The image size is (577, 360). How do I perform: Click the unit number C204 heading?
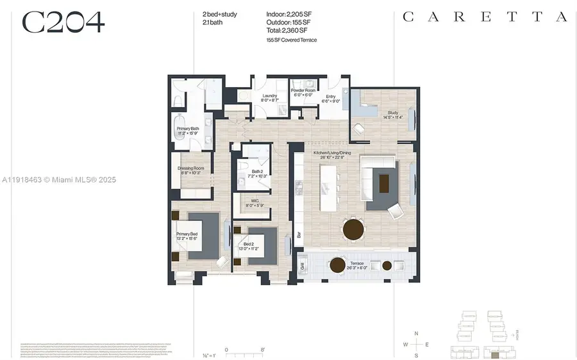pyautogui.click(x=63, y=22)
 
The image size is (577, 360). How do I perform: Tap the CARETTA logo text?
pyautogui.click(x=485, y=17)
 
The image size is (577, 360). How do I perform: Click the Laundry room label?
pyautogui.click(x=269, y=98)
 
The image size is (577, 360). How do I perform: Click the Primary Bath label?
pyautogui.click(x=188, y=131)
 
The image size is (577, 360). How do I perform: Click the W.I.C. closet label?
pyautogui.click(x=255, y=202)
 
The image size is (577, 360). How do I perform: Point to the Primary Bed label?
pyautogui.click(x=187, y=236)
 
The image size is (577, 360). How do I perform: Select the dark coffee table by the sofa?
pyautogui.click(x=383, y=183)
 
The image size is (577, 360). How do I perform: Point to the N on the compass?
pyautogui.click(x=416, y=334)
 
